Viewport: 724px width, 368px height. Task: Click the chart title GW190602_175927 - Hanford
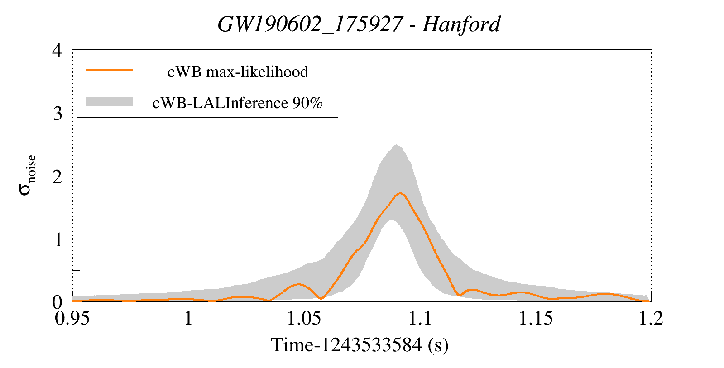[x=359, y=24]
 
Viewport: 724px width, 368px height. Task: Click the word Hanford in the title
[x=461, y=24]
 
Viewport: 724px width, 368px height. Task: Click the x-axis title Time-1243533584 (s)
[x=360, y=345]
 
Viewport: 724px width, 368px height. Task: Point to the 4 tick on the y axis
[x=57, y=50]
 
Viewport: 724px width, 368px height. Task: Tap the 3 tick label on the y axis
[x=57, y=113]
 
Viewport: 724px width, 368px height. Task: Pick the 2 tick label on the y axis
[x=57, y=176]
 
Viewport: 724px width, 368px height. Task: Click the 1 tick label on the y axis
[x=58, y=239]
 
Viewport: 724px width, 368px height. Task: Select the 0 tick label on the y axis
[x=57, y=301]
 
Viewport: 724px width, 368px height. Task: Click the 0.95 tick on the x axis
[x=72, y=318]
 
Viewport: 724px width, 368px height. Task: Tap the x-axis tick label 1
[x=188, y=318]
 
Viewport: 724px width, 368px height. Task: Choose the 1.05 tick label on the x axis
[x=304, y=318]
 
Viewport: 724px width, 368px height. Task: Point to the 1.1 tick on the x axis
[x=420, y=318]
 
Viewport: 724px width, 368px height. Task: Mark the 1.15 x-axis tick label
[x=536, y=318]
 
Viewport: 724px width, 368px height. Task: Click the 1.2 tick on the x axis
[x=651, y=318]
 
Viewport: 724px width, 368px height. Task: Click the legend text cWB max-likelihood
[x=238, y=72]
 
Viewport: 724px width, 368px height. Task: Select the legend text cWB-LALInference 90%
[x=238, y=103]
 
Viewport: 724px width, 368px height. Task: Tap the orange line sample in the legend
[x=110, y=70]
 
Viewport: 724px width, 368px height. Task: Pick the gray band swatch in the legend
[x=110, y=101]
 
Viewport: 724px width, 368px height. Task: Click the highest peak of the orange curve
[x=400, y=193]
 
